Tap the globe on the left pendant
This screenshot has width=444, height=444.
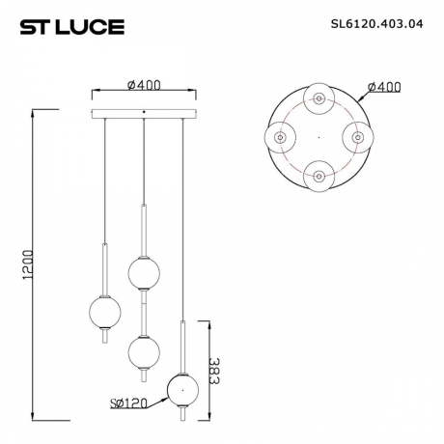(103, 310)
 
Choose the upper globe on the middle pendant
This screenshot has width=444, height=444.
(143, 273)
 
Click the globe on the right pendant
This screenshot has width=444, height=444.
(181, 389)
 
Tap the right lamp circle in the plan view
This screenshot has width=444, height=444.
(358, 139)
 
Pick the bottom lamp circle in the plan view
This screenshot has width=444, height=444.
(319, 178)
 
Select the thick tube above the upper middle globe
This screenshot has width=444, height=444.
(143, 229)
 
